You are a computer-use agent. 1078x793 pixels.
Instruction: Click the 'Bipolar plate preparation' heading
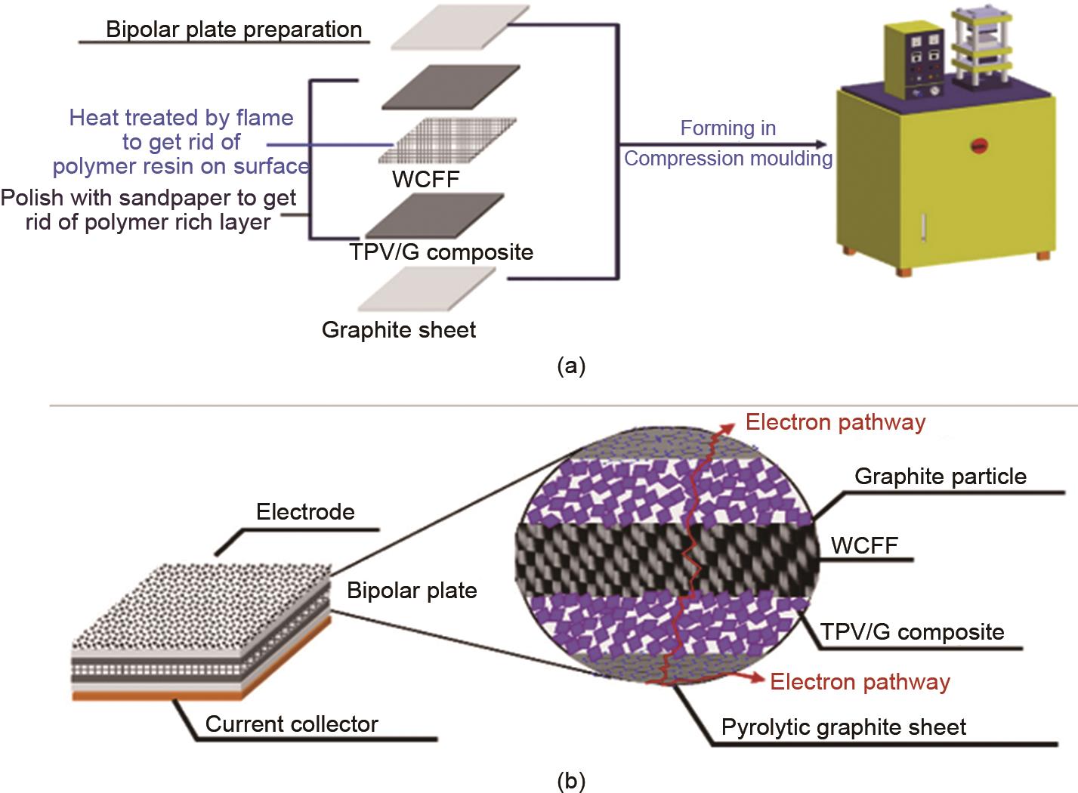pos(233,30)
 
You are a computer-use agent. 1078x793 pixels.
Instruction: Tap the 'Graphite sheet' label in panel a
pos(399,330)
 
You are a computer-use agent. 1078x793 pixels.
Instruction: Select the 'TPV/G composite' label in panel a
pos(442,251)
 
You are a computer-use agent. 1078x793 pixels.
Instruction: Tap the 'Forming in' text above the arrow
pos(727,128)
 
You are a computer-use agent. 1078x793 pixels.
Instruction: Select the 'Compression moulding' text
pos(727,159)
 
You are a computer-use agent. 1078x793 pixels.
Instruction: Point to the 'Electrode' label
pos(305,512)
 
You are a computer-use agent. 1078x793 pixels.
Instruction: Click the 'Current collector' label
pos(292,724)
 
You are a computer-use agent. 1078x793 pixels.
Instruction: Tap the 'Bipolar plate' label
pos(412,590)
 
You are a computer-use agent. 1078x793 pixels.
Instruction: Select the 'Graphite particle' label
pos(941,477)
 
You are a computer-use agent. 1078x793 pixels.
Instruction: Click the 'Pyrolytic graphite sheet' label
pos(844,727)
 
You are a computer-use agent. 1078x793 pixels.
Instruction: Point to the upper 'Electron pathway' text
pos(835,422)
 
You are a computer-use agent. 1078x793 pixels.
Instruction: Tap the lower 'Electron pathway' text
pos(860,682)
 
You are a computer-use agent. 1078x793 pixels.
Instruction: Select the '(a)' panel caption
pos(570,367)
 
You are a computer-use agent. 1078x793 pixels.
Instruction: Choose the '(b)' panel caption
pos(570,781)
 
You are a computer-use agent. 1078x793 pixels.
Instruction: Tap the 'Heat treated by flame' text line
pos(181,118)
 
